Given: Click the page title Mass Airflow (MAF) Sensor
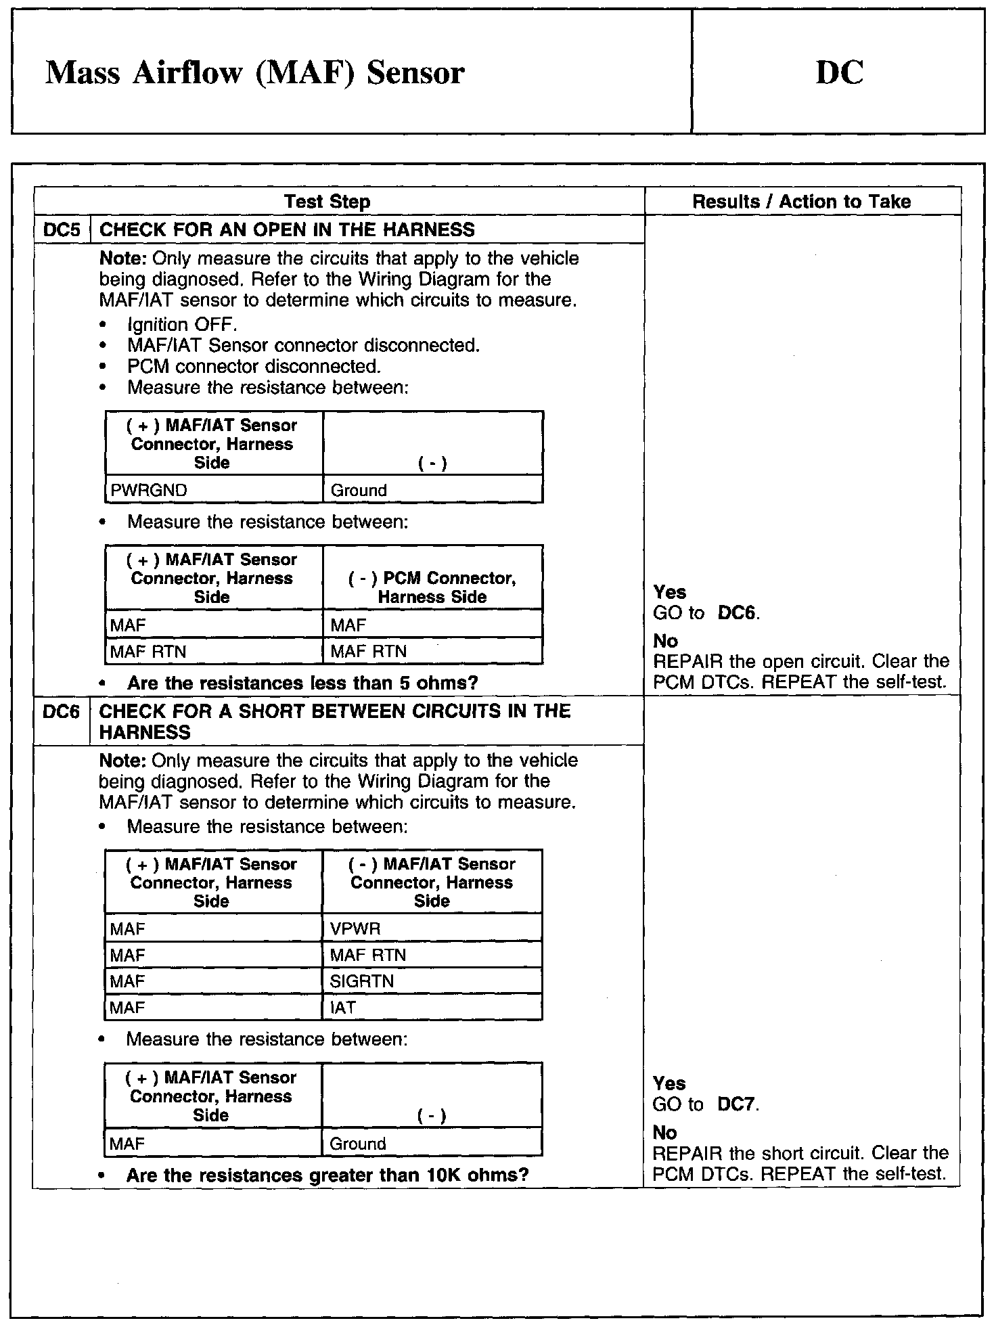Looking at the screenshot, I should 254,73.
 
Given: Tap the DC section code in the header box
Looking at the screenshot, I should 839,73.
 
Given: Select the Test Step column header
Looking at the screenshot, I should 327,202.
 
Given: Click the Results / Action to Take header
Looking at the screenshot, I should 801,202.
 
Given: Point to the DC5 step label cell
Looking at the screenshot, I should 62,230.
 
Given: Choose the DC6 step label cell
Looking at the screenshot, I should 62,712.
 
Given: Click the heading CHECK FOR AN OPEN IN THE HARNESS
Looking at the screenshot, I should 287,230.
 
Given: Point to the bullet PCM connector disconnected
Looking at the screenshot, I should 254,367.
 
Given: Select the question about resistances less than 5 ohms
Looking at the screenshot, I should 302,683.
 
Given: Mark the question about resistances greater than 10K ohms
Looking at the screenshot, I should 327,1175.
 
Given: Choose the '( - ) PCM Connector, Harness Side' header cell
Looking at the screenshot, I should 432,587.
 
